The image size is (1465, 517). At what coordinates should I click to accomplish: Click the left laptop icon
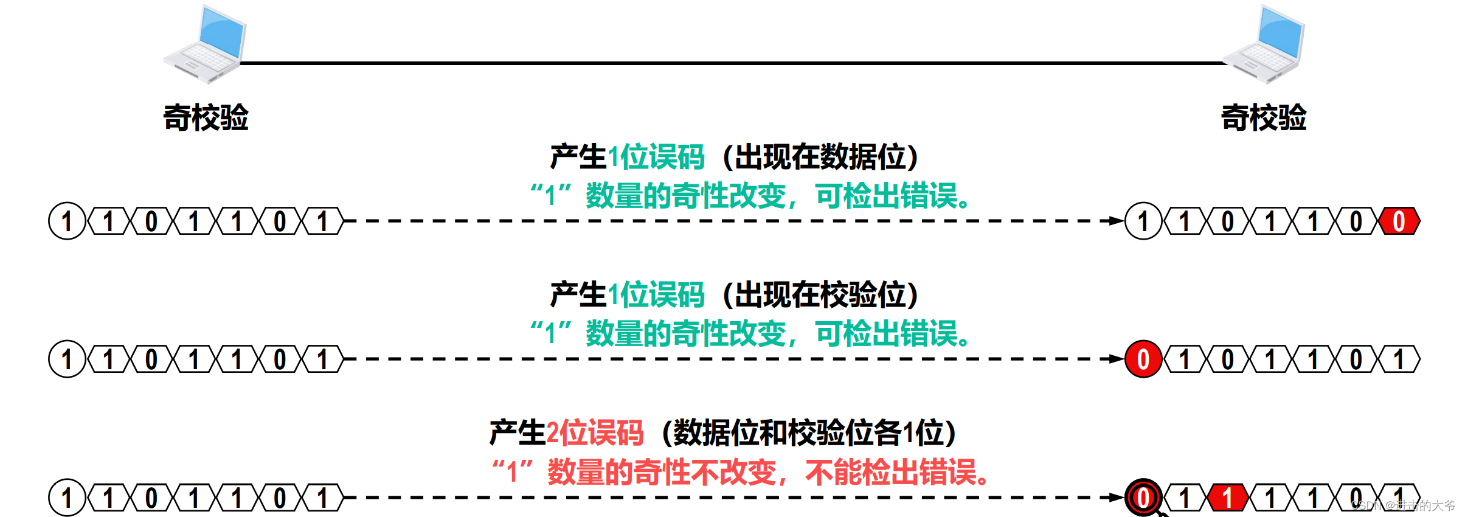pos(204,44)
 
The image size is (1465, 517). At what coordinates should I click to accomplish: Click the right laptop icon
pos(1264,44)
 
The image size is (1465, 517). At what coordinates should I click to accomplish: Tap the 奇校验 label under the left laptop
pos(206,117)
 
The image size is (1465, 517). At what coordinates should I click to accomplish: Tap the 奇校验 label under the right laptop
pos(1264,117)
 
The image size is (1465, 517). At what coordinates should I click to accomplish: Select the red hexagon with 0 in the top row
pos(1399,221)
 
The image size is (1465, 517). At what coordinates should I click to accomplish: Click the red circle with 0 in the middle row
pos(1143,359)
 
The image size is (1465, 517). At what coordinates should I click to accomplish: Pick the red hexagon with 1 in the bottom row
pos(1227,498)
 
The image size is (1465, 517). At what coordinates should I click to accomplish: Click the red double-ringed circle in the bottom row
pos(1143,498)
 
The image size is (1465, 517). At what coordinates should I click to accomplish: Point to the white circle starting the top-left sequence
pos(67,221)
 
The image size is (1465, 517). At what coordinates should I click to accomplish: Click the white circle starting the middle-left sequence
pos(67,359)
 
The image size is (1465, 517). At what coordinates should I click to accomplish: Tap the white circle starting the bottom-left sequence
pos(67,498)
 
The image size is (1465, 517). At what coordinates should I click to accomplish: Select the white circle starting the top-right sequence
pos(1143,221)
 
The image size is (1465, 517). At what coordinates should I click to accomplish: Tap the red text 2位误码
pos(594,433)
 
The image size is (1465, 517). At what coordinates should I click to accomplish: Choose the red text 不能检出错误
pos(897,472)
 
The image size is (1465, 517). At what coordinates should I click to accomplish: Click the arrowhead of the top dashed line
pos(1116,221)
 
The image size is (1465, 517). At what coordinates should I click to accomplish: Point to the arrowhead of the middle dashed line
pos(1116,359)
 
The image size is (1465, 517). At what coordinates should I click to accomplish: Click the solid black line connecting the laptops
pos(730,63)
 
